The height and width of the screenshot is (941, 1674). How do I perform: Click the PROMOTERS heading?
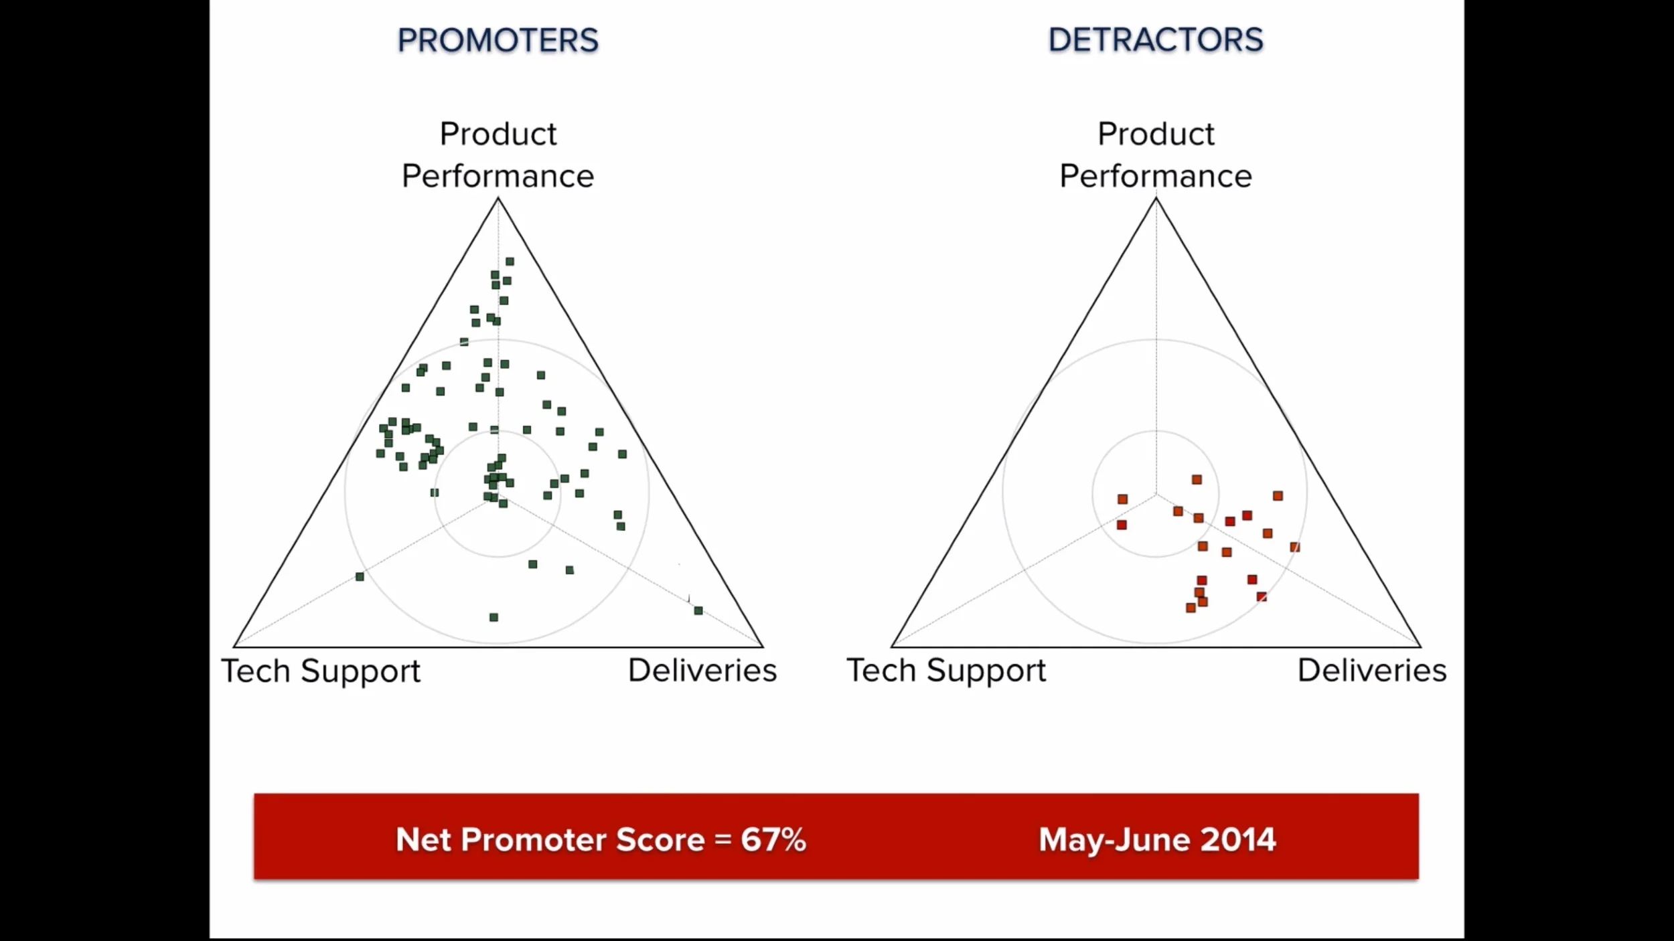(498, 40)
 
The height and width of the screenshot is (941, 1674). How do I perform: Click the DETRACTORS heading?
(1155, 40)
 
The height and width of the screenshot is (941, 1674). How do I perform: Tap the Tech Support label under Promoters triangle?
(321, 671)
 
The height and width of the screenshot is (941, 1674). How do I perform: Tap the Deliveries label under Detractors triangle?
(1371, 670)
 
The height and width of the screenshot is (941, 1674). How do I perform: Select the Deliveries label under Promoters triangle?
(702, 670)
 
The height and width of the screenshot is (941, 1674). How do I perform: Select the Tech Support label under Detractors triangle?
(945, 670)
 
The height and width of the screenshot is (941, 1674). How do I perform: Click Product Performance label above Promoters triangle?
(498, 155)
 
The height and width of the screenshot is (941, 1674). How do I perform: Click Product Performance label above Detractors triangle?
(1155, 155)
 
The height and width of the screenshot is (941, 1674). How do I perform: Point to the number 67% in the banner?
(773, 839)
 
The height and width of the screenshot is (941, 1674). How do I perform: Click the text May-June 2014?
(1156, 839)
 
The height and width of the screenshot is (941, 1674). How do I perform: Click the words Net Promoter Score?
(550, 839)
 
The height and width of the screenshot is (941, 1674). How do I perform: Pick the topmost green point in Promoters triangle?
(510, 262)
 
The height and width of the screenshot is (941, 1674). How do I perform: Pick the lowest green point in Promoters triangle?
(493, 617)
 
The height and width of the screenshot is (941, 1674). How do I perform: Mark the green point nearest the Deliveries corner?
(698, 610)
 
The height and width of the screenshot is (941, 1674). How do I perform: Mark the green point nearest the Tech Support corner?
(360, 576)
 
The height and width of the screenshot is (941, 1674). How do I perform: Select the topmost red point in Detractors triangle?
(1197, 479)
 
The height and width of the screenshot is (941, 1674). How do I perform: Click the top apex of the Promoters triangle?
(498, 199)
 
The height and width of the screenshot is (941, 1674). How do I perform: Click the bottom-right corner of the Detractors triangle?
(1420, 647)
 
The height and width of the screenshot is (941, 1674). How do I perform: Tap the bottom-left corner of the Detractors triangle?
(892, 647)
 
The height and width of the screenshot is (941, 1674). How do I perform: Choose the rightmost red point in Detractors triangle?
(1295, 547)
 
